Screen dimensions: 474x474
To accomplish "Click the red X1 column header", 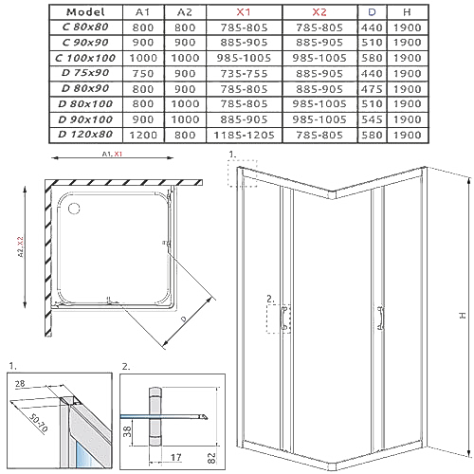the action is (x=244, y=12).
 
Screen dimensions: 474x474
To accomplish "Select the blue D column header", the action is (x=372, y=12).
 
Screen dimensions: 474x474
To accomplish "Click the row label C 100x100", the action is (x=85, y=58).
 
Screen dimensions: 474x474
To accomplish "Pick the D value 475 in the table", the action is (x=372, y=89).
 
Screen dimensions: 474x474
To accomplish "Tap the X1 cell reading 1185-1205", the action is (x=244, y=136).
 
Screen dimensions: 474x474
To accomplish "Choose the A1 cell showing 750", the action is (x=143, y=74).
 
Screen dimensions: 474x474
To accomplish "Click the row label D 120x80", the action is (x=85, y=135).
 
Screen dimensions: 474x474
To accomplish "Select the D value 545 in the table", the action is (x=372, y=119).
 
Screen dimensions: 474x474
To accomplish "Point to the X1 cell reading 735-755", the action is (x=244, y=74).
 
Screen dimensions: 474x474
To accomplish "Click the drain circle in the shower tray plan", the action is (x=74, y=209).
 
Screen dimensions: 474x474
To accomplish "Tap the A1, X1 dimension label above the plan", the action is (x=112, y=154).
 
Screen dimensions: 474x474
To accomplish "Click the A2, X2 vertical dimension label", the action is (x=21, y=246).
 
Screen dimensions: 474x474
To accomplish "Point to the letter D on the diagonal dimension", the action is (x=184, y=319).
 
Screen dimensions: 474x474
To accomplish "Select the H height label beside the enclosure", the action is (x=462, y=315).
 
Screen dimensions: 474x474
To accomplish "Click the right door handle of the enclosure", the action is (x=381, y=319).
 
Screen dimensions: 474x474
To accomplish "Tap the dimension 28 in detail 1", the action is (x=20, y=384).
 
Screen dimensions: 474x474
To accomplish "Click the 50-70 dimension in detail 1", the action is (x=38, y=423).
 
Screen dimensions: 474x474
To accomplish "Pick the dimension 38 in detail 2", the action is (x=127, y=431).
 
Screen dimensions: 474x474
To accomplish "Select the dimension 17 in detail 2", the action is (x=176, y=457).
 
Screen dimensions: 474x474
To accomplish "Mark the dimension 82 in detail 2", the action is (x=211, y=458).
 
